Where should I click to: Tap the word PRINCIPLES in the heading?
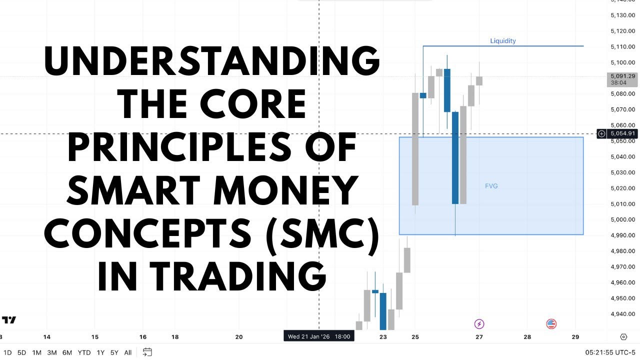click(212, 148)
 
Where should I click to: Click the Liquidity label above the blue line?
click(503, 41)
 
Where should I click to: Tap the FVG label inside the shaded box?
click(491, 186)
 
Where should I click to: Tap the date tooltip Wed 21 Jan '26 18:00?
click(319, 336)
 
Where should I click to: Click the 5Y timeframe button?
click(114, 352)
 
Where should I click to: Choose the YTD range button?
click(84, 352)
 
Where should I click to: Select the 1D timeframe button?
click(7, 352)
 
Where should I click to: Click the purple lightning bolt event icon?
click(479, 324)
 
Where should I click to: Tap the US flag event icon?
click(551, 324)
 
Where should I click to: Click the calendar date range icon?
click(147, 352)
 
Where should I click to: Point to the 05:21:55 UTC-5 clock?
click(609, 352)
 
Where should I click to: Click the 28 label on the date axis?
click(527, 337)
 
